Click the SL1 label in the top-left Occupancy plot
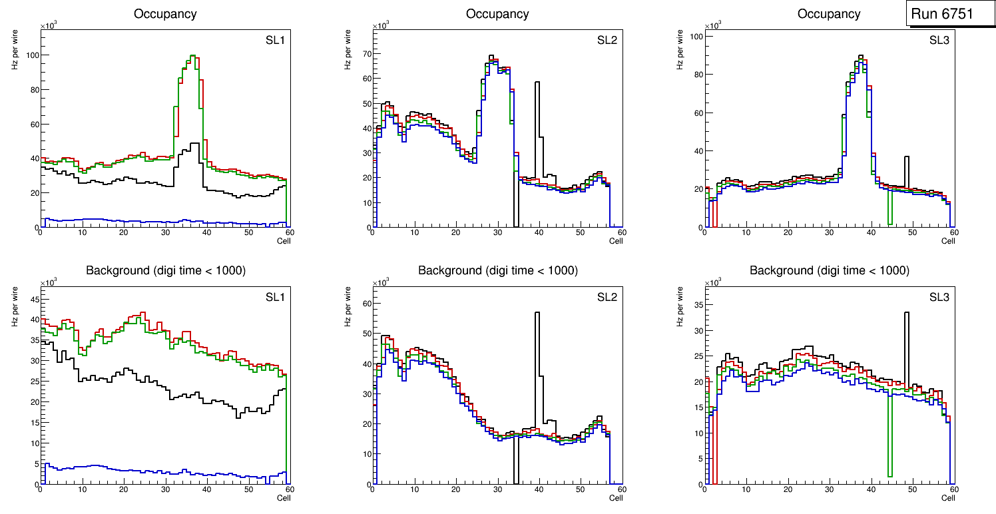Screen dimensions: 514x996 pos(275,41)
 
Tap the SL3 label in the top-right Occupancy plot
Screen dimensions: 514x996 pos(939,41)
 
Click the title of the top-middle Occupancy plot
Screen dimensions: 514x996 pos(497,13)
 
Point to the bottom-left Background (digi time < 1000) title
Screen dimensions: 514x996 pos(165,270)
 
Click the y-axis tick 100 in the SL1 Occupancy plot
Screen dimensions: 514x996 pos(31,55)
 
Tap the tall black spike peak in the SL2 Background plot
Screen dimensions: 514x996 pos(537,313)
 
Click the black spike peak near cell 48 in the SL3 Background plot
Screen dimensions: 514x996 pos(906,313)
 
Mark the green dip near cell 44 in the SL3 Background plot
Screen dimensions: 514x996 pos(889,475)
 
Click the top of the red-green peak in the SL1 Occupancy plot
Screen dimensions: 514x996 pos(192,56)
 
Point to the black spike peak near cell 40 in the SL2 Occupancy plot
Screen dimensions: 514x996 pos(537,83)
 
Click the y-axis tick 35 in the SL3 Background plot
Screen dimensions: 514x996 pos(696,305)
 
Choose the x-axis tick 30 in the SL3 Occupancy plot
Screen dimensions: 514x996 pos(830,232)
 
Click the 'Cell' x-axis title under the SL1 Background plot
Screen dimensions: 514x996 pos(284,497)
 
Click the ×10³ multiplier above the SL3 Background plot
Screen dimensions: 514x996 pos(713,282)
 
